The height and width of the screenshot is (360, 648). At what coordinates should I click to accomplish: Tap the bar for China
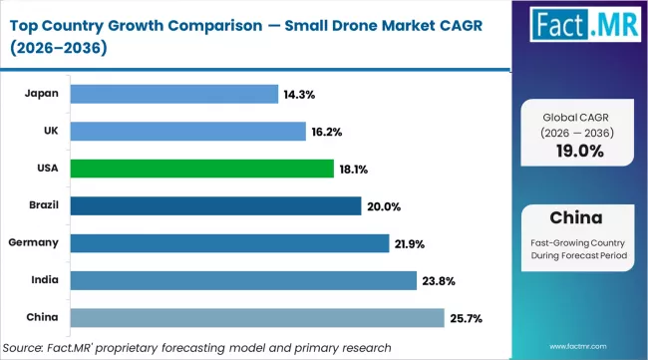257,317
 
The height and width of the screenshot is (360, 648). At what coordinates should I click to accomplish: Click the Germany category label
33,243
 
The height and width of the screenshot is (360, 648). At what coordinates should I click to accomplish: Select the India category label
44,280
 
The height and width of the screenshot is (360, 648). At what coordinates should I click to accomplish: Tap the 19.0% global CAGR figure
578,151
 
